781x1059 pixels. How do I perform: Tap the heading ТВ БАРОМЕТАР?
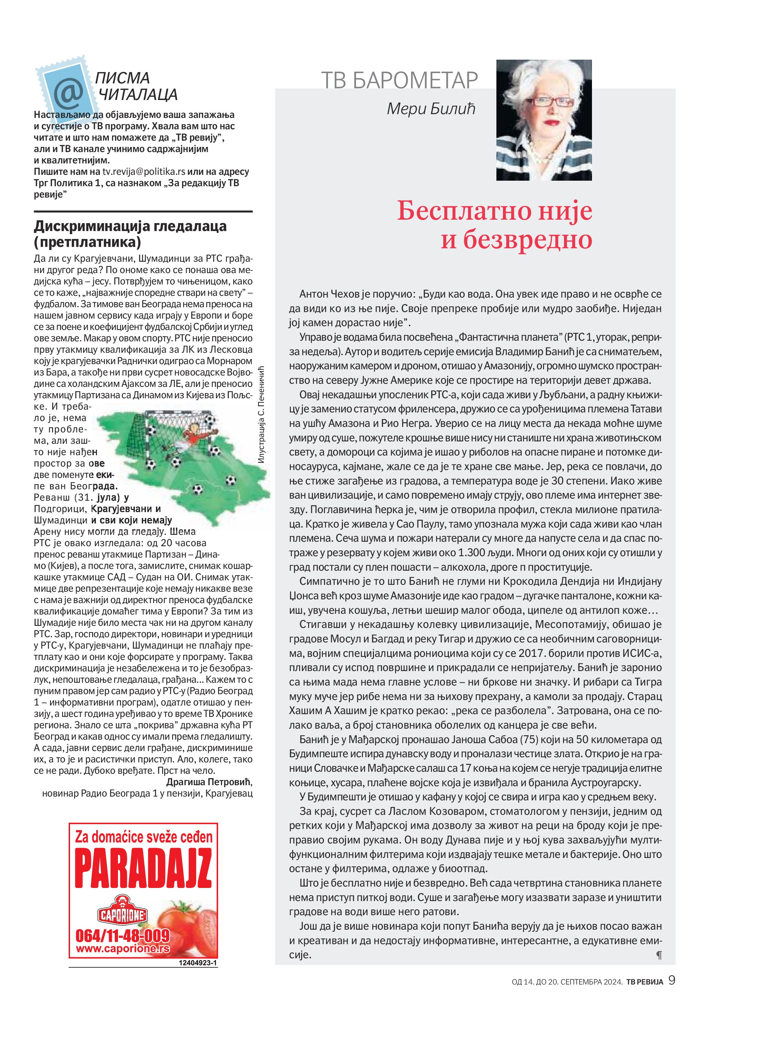point(399,80)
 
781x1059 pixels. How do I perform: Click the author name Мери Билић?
point(431,109)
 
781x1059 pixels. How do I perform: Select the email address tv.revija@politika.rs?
point(144,171)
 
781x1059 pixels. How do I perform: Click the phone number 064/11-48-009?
point(122,936)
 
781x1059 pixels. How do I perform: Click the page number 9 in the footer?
point(672,981)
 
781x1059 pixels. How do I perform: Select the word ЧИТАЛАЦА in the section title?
point(138,94)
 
